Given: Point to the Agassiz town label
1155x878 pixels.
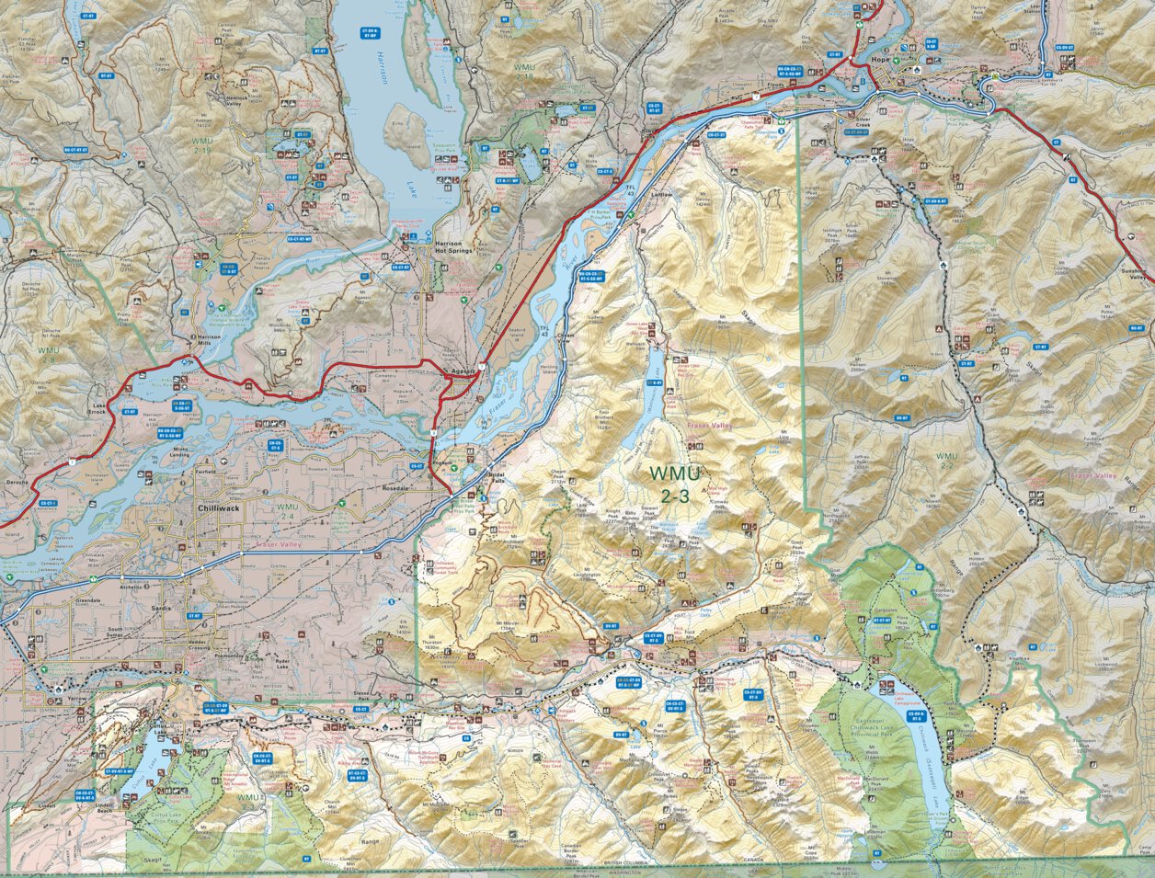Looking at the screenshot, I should pos(463,372).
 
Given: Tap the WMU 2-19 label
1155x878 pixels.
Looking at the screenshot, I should pos(202,146).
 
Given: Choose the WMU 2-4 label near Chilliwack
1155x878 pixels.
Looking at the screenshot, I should pos(288,511).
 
